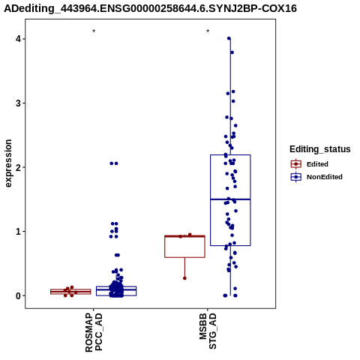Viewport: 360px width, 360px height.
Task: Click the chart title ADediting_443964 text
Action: click(x=150, y=8)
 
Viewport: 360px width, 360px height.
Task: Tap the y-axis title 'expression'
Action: click(x=8, y=163)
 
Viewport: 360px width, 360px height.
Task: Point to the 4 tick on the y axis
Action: click(x=18, y=39)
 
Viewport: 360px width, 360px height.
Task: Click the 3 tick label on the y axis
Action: click(x=18, y=103)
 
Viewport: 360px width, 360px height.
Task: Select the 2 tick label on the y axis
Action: click(x=18, y=167)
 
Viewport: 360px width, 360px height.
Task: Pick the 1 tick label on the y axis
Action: click(x=18, y=231)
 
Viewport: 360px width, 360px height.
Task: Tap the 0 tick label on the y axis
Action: click(x=18, y=295)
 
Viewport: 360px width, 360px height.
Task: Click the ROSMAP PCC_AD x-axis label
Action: click(x=94, y=332)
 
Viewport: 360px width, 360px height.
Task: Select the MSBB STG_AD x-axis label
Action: click(x=208, y=331)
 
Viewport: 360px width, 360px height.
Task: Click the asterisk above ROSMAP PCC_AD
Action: click(x=94, y=31)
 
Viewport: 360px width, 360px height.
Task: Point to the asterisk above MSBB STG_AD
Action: click(x=208, y=31)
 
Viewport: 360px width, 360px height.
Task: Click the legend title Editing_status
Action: click(x=320, y=149)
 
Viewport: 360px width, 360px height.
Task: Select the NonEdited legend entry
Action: click(x=316, y=177)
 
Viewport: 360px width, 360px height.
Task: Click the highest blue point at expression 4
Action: click(x=229, y=38)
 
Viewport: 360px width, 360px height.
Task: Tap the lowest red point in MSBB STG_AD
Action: click(x=184, y=278)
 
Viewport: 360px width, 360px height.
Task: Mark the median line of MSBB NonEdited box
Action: click(x=230, y=199)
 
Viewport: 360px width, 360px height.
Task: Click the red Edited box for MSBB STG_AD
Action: click(x=184, y=246)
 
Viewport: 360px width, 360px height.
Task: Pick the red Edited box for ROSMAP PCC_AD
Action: click(x=70, y=292)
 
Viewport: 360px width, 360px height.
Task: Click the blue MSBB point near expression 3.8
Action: click(x=232, y=52)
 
